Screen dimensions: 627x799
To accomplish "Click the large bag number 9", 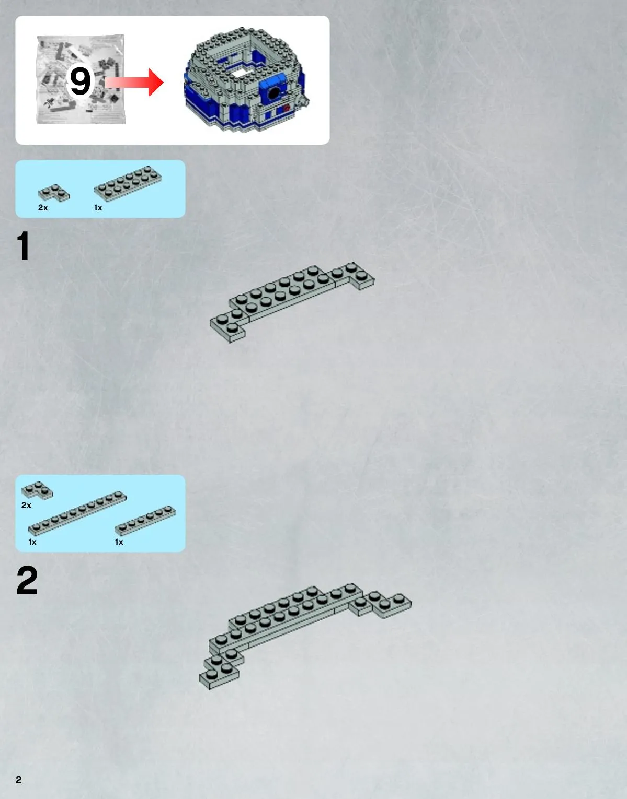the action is click(x=80, y=81).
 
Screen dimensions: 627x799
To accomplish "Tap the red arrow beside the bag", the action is click(x=134, y=83).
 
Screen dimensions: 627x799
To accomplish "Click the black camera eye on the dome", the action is click(x=273, y=93).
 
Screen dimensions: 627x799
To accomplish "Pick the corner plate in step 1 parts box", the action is click(x=54, y=193).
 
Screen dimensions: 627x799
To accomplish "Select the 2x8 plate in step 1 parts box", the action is click(x=128, y=184).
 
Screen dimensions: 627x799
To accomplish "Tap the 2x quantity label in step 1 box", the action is click(x=43, y=208).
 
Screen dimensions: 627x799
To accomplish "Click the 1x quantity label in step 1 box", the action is click(x=98, y=208).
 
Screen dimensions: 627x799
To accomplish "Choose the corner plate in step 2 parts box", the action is click(x=37, y=490).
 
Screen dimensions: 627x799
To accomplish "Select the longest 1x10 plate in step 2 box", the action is click(x=77, y=513).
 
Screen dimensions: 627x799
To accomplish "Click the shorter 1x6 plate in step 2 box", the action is click(x=145, y=521).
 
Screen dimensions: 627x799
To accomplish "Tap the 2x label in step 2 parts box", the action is click(x=26, y=505).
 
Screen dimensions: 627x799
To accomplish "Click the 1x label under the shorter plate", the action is click(x=119, y=542).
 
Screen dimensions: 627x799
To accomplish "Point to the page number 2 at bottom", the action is click(x=19, y=780).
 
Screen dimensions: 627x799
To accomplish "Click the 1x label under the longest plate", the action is click(x=32, y=542).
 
